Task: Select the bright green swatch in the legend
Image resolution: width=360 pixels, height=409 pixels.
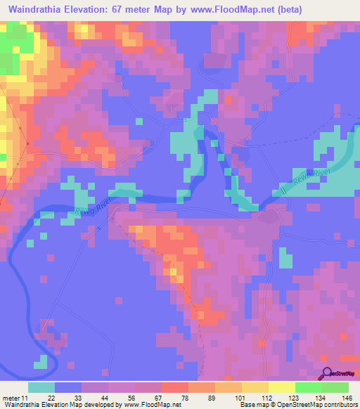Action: [309, 387]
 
